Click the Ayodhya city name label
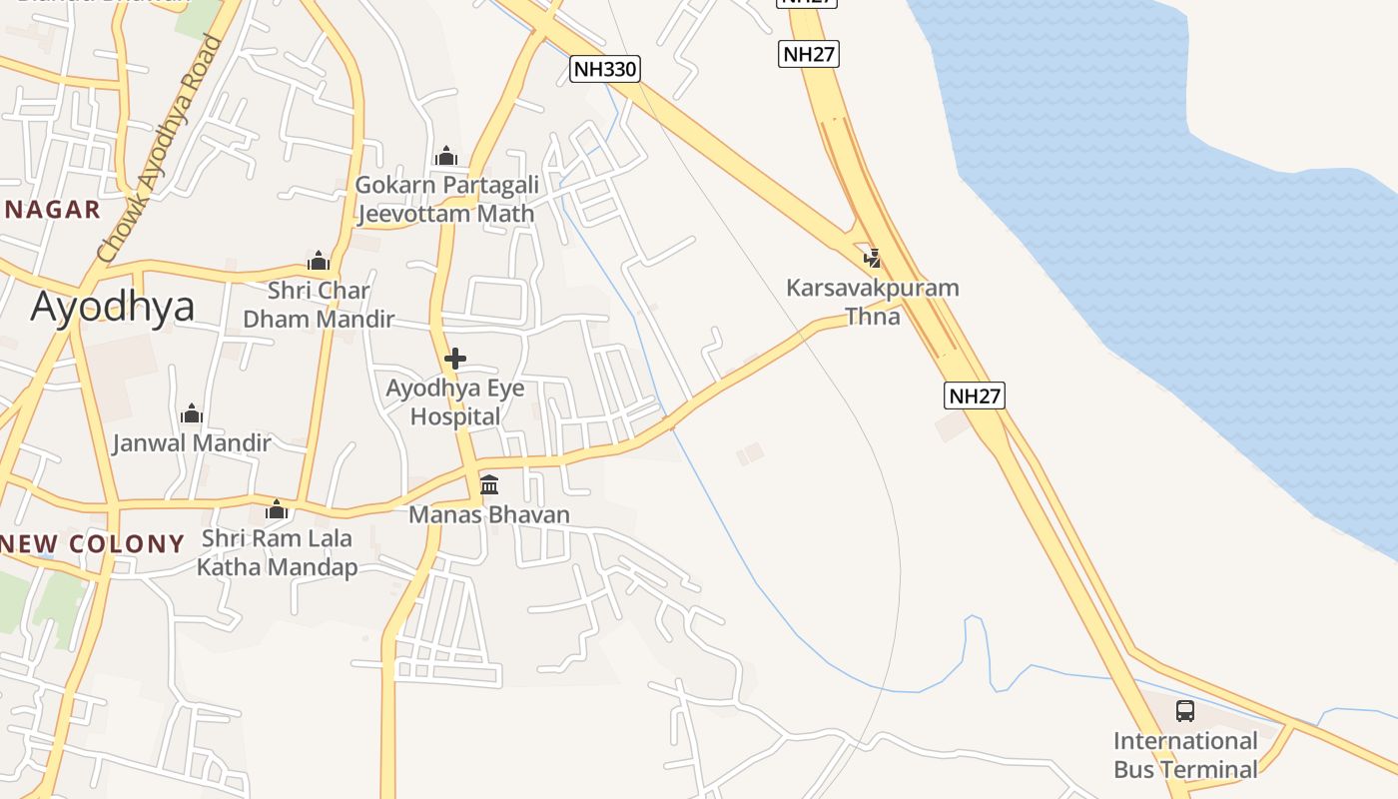(x=112, y=307)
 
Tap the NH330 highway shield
(x=605, y=69)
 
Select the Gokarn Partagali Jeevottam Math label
(x=446, y=199)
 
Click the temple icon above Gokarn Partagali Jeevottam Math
(x=446, y=156)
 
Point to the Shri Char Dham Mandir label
(x=319, y=305)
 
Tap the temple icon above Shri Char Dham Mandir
(x=319, y=262)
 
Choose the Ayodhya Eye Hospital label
(x=455, y=402)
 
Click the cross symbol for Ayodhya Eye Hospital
(x=455, y=358)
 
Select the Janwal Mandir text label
(x=192, y=442)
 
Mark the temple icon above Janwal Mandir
(x=192, y=413)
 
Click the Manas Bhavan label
(x=489, y=514)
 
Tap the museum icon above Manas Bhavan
(x=489, y=485)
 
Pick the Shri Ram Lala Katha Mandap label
(x=277, y=552)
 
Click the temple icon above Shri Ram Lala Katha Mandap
(x=277, y=510)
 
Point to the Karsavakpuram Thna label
(x=873, y=302)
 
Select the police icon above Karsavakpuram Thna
(x=873, y=259)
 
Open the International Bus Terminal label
(x=1185, y=755)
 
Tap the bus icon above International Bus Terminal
(x=1185, y=711)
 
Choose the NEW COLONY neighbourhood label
(x=93, y=544)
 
